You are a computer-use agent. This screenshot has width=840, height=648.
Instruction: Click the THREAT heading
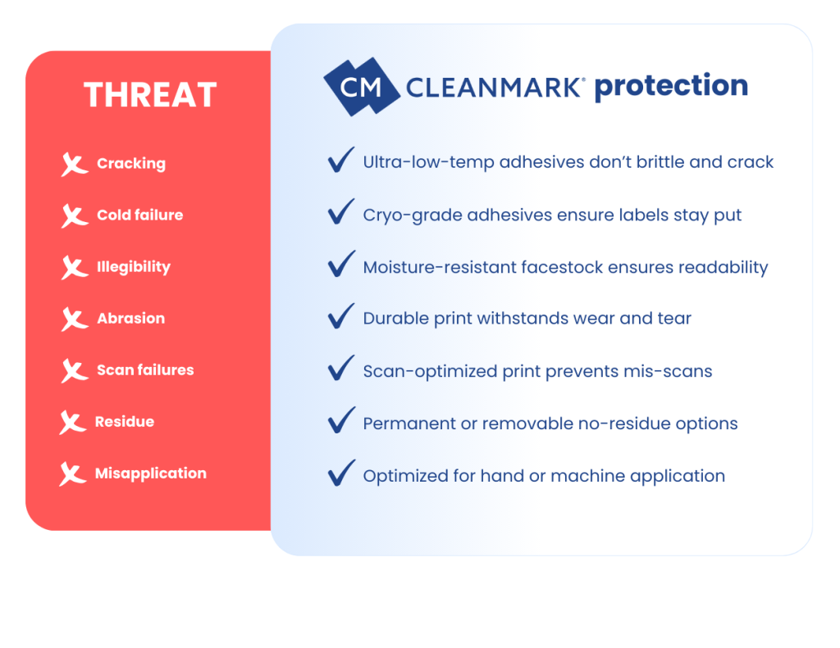[150, 95]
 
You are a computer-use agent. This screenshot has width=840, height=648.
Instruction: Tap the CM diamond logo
[362, 87]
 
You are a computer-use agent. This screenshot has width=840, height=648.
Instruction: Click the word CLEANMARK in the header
[493, 87]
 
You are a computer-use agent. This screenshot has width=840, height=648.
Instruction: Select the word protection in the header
[671, 86]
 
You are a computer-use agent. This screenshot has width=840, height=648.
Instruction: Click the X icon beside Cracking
[74, 165]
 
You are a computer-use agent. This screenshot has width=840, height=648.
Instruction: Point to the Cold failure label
[139, 215]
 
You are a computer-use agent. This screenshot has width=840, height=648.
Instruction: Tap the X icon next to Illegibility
[74, 268]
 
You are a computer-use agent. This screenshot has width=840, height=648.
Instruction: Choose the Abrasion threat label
[130, 319]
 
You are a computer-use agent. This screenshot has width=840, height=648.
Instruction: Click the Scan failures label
[145, 369]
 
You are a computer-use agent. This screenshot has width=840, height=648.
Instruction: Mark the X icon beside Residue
[72, 422]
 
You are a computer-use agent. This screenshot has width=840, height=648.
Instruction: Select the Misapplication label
[151, 474]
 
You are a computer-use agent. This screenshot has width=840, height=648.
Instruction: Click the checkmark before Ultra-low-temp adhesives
[340, 160]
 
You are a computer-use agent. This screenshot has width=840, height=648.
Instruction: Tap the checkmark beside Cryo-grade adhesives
[340, 211]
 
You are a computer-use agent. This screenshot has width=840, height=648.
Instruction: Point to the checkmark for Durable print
[340, 315]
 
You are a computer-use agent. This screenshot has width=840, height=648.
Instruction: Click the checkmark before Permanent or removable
[340, 420]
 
